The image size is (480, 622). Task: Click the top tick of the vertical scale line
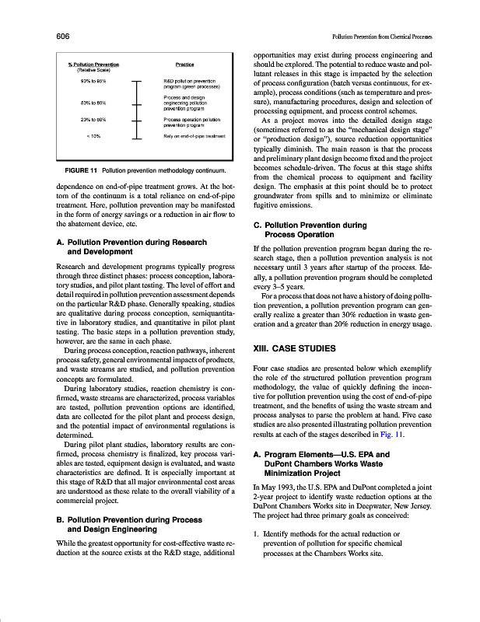137,82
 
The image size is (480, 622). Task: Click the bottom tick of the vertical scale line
137,161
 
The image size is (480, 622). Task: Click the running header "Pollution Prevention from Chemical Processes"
381,37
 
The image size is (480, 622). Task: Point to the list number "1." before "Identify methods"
257,556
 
